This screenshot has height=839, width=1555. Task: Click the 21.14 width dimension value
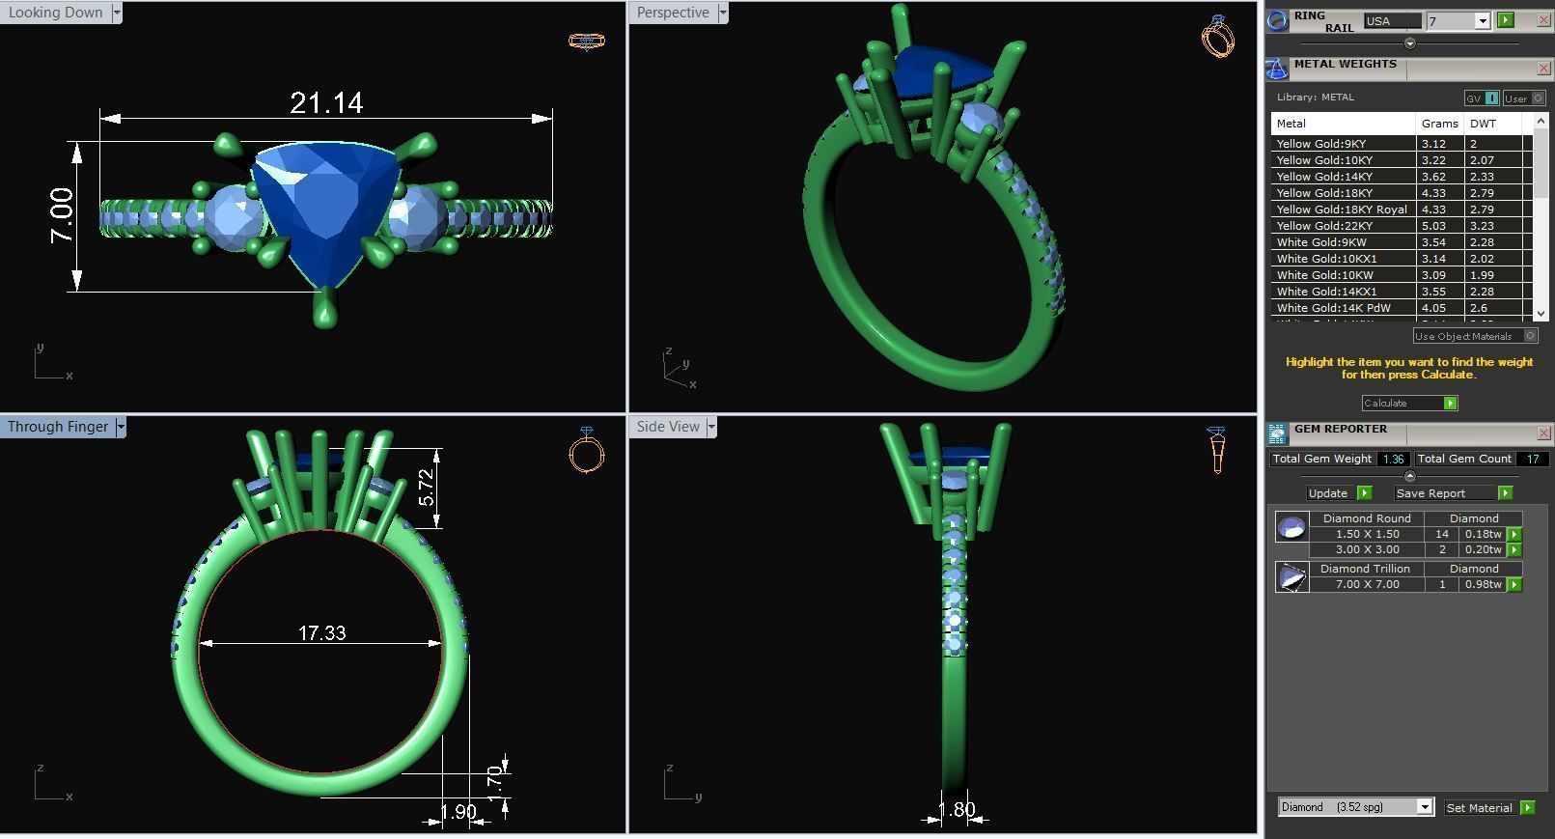(x=326, y=102)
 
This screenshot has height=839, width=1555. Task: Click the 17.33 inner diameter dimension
(x=321, y=633)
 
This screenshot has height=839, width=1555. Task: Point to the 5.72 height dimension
(x=427, y=488)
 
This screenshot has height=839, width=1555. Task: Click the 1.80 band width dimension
(x=956, y=810)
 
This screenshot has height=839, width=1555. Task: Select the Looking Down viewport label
(x=55, y=13)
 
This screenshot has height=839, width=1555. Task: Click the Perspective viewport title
(x=673, y=13)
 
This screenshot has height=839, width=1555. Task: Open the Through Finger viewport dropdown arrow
(x=121, y=427)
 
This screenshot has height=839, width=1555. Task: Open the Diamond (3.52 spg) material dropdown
(x=1424, y=807)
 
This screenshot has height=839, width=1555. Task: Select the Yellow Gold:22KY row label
(x=1324, y=226)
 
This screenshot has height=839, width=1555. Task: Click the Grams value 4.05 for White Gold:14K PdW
(x=1433, y=308)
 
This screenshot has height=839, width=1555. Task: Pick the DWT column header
(x=1483, y=124)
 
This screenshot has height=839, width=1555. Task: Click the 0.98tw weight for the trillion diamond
(x=1483, y=584)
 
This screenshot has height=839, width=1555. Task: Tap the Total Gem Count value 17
(x=1532, y=459)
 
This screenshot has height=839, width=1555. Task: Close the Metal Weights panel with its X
(x=1542, y=69)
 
